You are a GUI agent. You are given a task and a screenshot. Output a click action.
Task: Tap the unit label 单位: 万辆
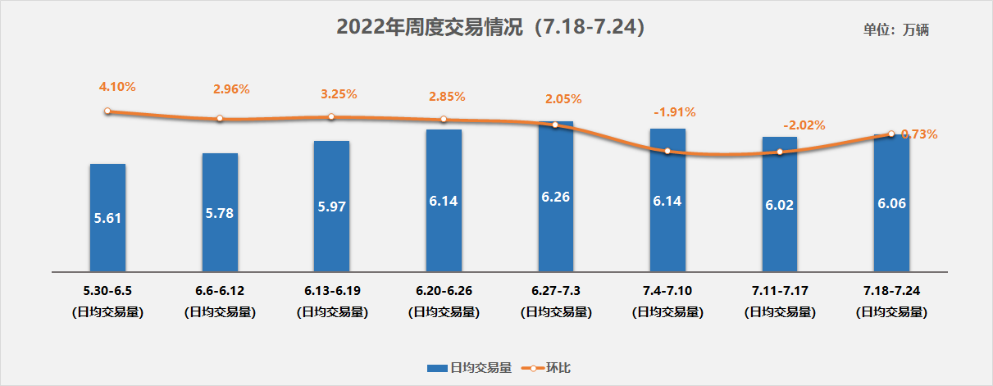pos(895,30)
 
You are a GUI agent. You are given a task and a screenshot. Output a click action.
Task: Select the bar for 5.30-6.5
pos(107,217)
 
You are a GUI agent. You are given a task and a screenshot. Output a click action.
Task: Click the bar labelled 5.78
pos(220,211)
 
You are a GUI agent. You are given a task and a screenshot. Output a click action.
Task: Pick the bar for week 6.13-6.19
pos(331,206)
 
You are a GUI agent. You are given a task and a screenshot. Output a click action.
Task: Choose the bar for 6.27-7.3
pos(556,197)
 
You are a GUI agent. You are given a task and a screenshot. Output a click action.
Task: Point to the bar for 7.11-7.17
pos(780,204)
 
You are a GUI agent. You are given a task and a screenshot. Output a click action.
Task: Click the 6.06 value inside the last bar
pos(891,202)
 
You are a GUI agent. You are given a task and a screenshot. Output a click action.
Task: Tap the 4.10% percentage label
pos(117,86)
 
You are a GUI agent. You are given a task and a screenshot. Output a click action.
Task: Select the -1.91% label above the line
pos(675,111)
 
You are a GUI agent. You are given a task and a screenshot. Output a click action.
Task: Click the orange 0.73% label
pos(919,134)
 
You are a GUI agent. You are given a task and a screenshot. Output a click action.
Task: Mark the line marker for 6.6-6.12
pos(220,119)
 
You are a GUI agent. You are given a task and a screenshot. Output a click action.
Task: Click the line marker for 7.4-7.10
pos(667,152)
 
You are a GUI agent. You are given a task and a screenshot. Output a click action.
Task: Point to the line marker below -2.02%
pos(780,152)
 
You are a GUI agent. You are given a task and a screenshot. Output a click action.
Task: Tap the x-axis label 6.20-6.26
pos(444,291)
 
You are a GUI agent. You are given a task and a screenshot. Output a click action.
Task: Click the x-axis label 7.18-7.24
pos(891,291)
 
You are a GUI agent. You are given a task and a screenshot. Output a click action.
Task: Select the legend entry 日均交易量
pos(470,368)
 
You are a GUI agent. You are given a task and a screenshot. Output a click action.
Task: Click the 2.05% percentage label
pos(563,99)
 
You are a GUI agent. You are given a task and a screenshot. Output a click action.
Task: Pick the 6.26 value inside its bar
pos(556,198)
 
